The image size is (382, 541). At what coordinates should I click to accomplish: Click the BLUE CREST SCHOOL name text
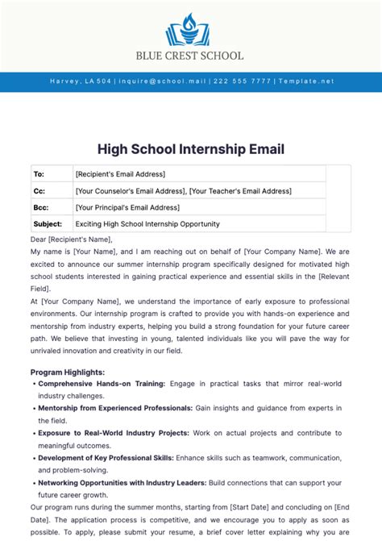coord(191,56)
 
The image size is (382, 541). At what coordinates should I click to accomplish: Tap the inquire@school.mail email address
coord(164,81)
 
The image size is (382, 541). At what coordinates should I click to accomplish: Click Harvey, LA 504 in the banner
coord(81,81)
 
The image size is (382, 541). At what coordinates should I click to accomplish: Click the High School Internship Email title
coord(191,149)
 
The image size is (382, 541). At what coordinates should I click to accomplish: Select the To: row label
coord(39,174)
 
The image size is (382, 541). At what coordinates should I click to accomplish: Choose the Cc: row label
coord(39,191)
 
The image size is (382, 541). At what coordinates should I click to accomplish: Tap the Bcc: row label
coord(40,207)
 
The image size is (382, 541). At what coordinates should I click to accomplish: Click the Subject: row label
coord(47,223)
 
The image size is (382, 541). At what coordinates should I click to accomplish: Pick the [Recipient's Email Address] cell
coord(120,174)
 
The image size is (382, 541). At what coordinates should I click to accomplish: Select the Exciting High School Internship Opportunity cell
coord(147,223)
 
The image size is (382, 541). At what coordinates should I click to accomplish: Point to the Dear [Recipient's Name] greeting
coord(72,239)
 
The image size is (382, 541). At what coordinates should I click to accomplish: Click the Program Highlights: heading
coord(68,372)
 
